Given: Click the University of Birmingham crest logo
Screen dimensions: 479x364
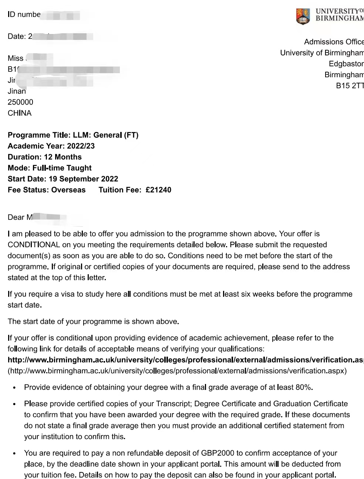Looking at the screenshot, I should pyautogui.click(x=303, y=16).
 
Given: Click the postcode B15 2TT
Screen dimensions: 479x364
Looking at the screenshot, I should pyautogui.click(x=350, y=86).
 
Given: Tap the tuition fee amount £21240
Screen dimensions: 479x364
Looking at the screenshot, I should pyautogui.click(x=158, y=190).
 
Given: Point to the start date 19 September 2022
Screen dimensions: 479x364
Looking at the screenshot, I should pyautogui.click(x=83, y=179).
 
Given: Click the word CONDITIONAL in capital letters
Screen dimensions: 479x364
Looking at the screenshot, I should pyautogui.click(x=34, y=245).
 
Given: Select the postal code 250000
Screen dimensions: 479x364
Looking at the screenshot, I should pyautogui.click(x=20, y=102).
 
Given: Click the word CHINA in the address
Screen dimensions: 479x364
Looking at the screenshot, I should pyautogui.click(x=20, y=113).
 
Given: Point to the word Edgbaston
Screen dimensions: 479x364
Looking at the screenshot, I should pyautogui.click(x=346, y=64).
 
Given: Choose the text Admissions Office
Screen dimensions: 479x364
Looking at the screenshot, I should pyautogui.click(x=333, y=42).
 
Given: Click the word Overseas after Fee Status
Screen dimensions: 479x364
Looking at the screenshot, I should pyautogui.click(x=68, y=190).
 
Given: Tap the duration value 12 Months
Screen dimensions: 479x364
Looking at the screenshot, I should pyautogui.click(x=63, y=157).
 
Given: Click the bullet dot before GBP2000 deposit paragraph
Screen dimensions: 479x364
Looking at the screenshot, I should pyautogui.click(x=14, y=453).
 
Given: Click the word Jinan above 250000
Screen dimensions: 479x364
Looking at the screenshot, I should pyautogui.click(x=17, y=91).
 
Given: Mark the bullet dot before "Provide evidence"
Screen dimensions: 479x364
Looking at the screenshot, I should pyautogui.click(x=14, y=388).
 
